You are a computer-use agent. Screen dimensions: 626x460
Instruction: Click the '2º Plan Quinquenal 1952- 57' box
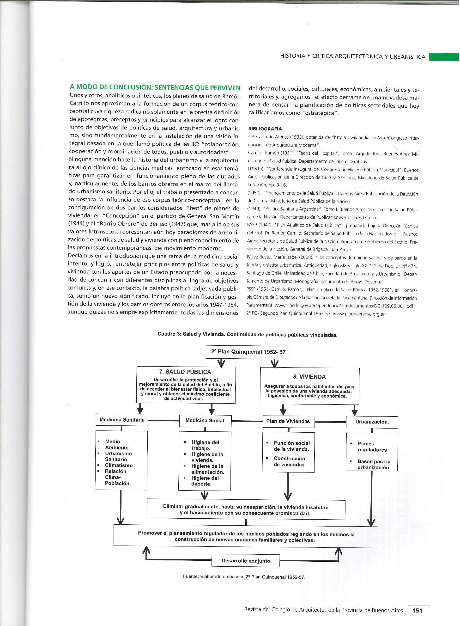[x=248, y=352]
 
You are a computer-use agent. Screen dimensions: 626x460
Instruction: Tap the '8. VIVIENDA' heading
[x=309, y=377]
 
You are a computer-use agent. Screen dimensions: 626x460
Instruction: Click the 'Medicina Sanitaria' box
[x=122, y=420]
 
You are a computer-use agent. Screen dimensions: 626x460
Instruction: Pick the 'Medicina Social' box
[x=205, y=420]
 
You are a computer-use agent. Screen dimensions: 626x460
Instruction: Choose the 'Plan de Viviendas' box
[x=288, y=421]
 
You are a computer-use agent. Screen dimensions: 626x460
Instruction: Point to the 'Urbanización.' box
[x=372, y=422]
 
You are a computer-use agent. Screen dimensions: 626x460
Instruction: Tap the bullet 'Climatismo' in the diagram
[x=119, y=466]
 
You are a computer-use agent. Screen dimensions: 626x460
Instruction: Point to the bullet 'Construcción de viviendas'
[x=290, y=462]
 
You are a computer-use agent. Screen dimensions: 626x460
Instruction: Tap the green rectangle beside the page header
[x=444, y=57]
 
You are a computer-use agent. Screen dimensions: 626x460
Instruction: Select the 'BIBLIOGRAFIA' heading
[x=265, y=129]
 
